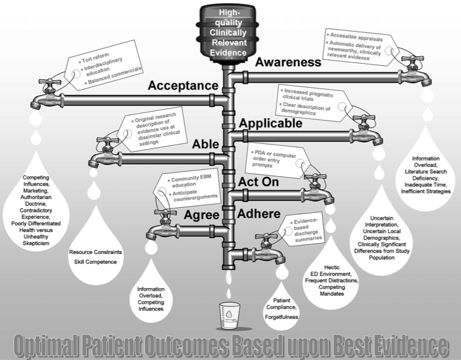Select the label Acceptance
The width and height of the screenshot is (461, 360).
[183, 86]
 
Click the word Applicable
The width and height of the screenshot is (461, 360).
[271, 123]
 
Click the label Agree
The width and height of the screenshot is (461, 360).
[202, 215]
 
